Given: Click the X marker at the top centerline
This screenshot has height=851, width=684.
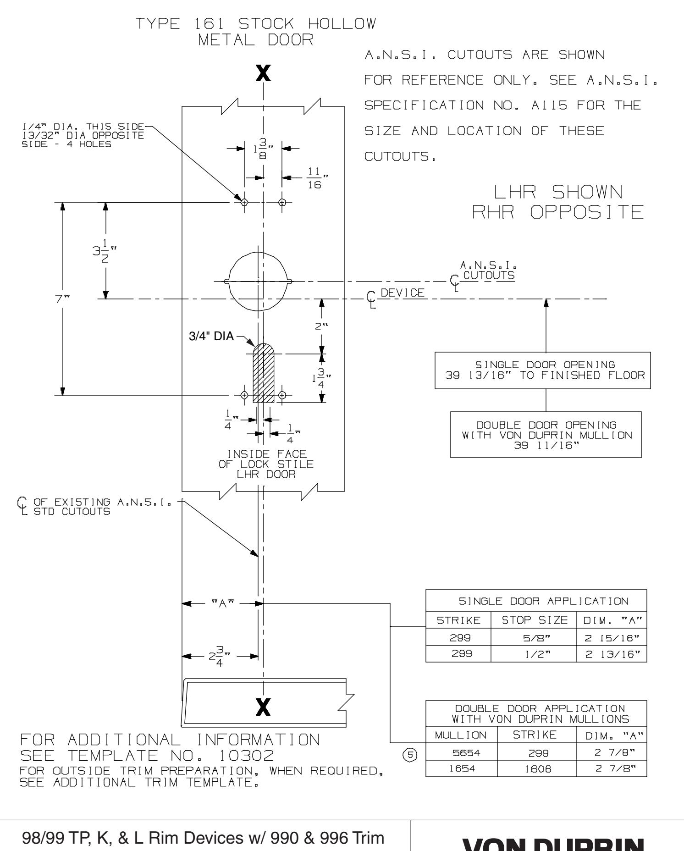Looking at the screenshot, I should pos(263,73).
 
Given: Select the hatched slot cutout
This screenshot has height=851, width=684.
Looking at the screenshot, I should pos(264,374).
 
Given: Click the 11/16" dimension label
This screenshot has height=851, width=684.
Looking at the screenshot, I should pos(314,179).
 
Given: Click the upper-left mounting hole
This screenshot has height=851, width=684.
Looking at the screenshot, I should pos(244,202).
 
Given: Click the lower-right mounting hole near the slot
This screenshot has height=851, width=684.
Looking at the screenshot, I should pos(282,395).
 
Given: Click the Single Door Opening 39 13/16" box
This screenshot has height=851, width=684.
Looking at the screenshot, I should pos(542,370).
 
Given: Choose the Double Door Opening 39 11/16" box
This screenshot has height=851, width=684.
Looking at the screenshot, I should pos(546,435).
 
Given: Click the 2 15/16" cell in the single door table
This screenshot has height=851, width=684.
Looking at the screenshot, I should pos(611,638).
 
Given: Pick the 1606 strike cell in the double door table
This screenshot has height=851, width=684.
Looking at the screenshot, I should pos(536,768).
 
